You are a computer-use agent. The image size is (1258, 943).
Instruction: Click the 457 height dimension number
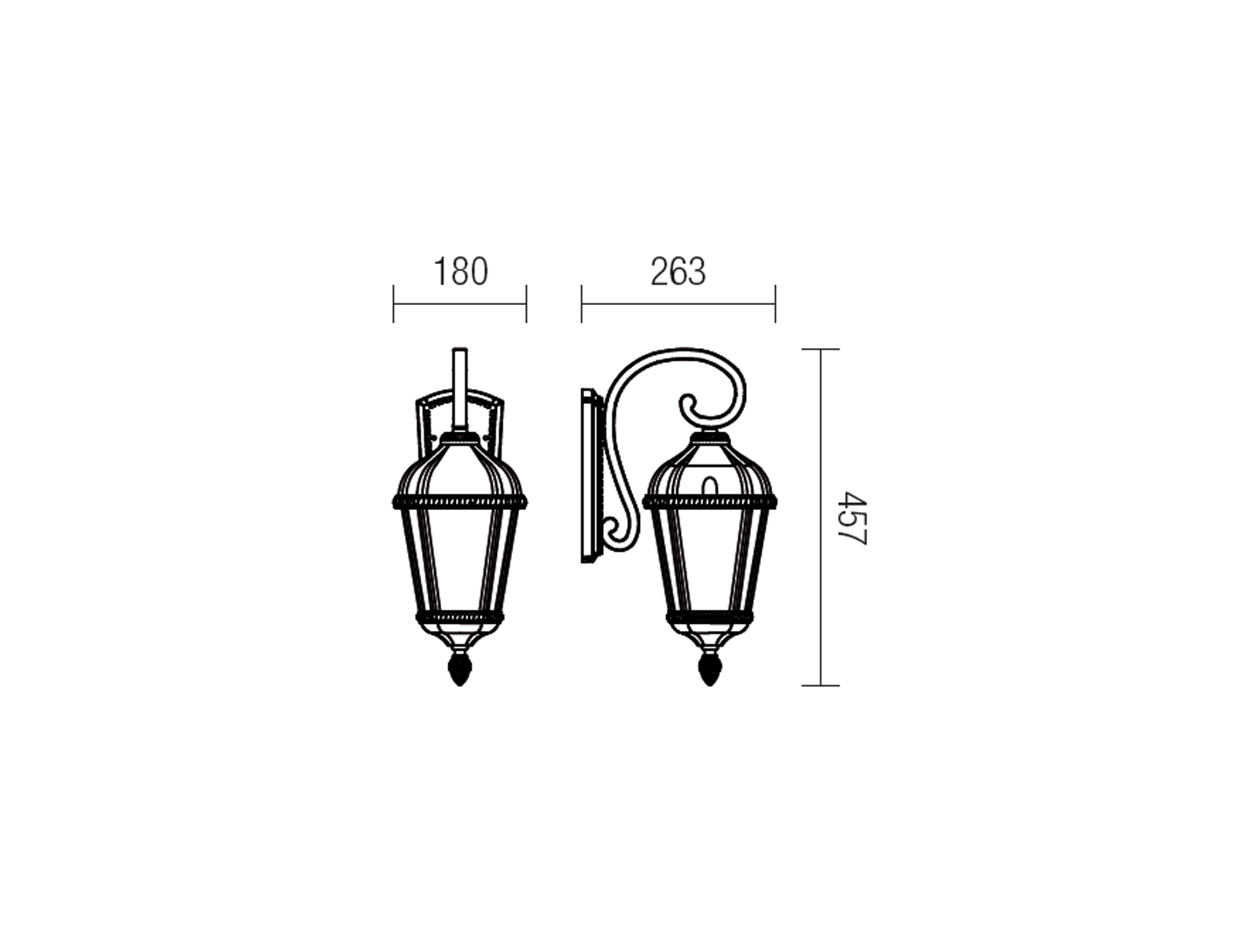click(851, 518)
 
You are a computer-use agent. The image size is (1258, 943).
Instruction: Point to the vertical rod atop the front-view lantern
click(460, 389)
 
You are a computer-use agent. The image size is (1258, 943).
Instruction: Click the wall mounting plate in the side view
click(590, 475)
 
